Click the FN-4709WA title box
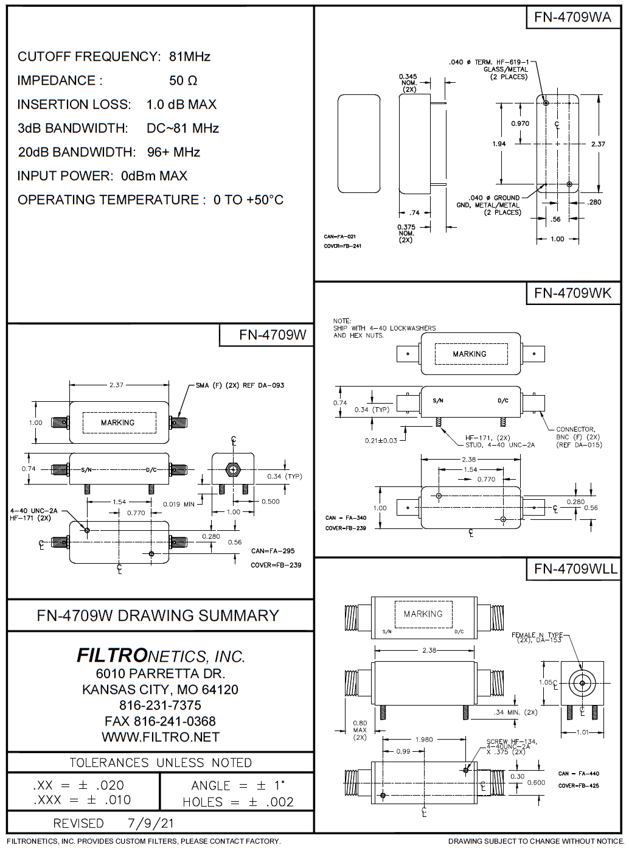coord(572,17)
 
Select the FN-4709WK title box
coord(572,293)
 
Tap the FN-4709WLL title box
coord(575,569)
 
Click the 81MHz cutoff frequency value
coord(190,57)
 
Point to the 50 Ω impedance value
coord(183,80)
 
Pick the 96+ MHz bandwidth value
coord(173,152)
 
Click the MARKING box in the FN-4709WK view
coord(469,354)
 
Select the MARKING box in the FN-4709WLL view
coord(423,614)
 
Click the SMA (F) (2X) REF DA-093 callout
coord(240,385)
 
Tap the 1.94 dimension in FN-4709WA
coord(499,144)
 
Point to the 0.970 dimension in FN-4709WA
coord(520,124)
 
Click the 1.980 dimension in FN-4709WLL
coord(424,740)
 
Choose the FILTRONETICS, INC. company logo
coord(161,656)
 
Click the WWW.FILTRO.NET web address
coord(161,737)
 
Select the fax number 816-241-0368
coord(161,721)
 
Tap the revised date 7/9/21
coord(151,823)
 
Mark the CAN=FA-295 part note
coord(273,551)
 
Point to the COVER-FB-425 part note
coord(579,785)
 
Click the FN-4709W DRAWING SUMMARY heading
coord(158,615)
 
